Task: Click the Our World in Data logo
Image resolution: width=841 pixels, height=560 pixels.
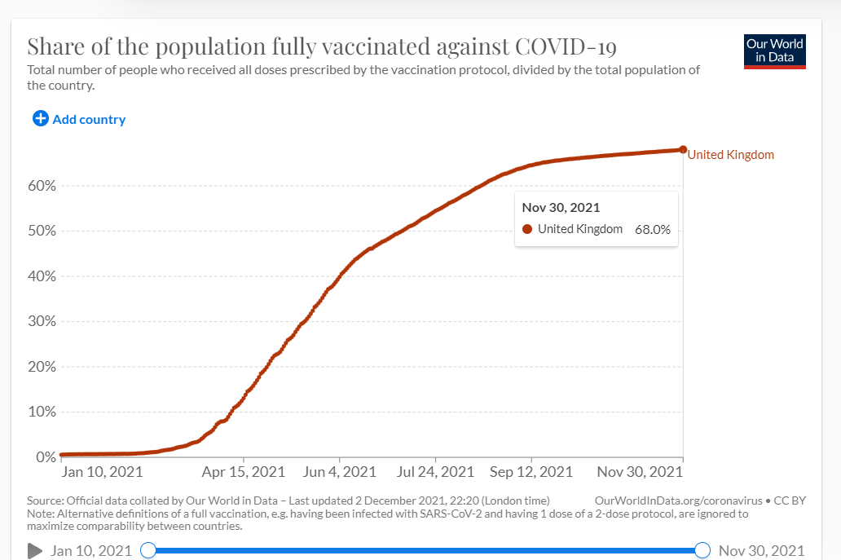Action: tap(775, 51)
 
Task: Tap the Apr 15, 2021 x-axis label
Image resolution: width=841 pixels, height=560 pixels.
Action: tap(244, 472)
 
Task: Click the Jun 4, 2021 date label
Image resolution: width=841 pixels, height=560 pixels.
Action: tap(340, 472)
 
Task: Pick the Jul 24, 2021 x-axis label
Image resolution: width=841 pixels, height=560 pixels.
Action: tap(436, 472)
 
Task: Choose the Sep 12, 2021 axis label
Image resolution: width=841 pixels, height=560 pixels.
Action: tap(531, 472)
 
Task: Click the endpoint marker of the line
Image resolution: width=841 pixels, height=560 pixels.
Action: tap(682, 150)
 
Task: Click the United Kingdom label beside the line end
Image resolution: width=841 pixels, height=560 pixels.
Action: tap(731, 155)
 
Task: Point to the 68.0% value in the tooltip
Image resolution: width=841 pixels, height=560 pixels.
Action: tap(653, 230)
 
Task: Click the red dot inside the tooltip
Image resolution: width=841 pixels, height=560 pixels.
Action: tap(527, 230)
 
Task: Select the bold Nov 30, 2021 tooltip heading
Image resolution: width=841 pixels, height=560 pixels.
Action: tap(561, 208)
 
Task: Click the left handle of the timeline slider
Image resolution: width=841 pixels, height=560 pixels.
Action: tap(148, 550)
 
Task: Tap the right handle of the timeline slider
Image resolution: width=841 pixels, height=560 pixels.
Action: tap(702, 550)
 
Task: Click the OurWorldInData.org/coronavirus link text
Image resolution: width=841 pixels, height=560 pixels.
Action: tap(679, 500)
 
